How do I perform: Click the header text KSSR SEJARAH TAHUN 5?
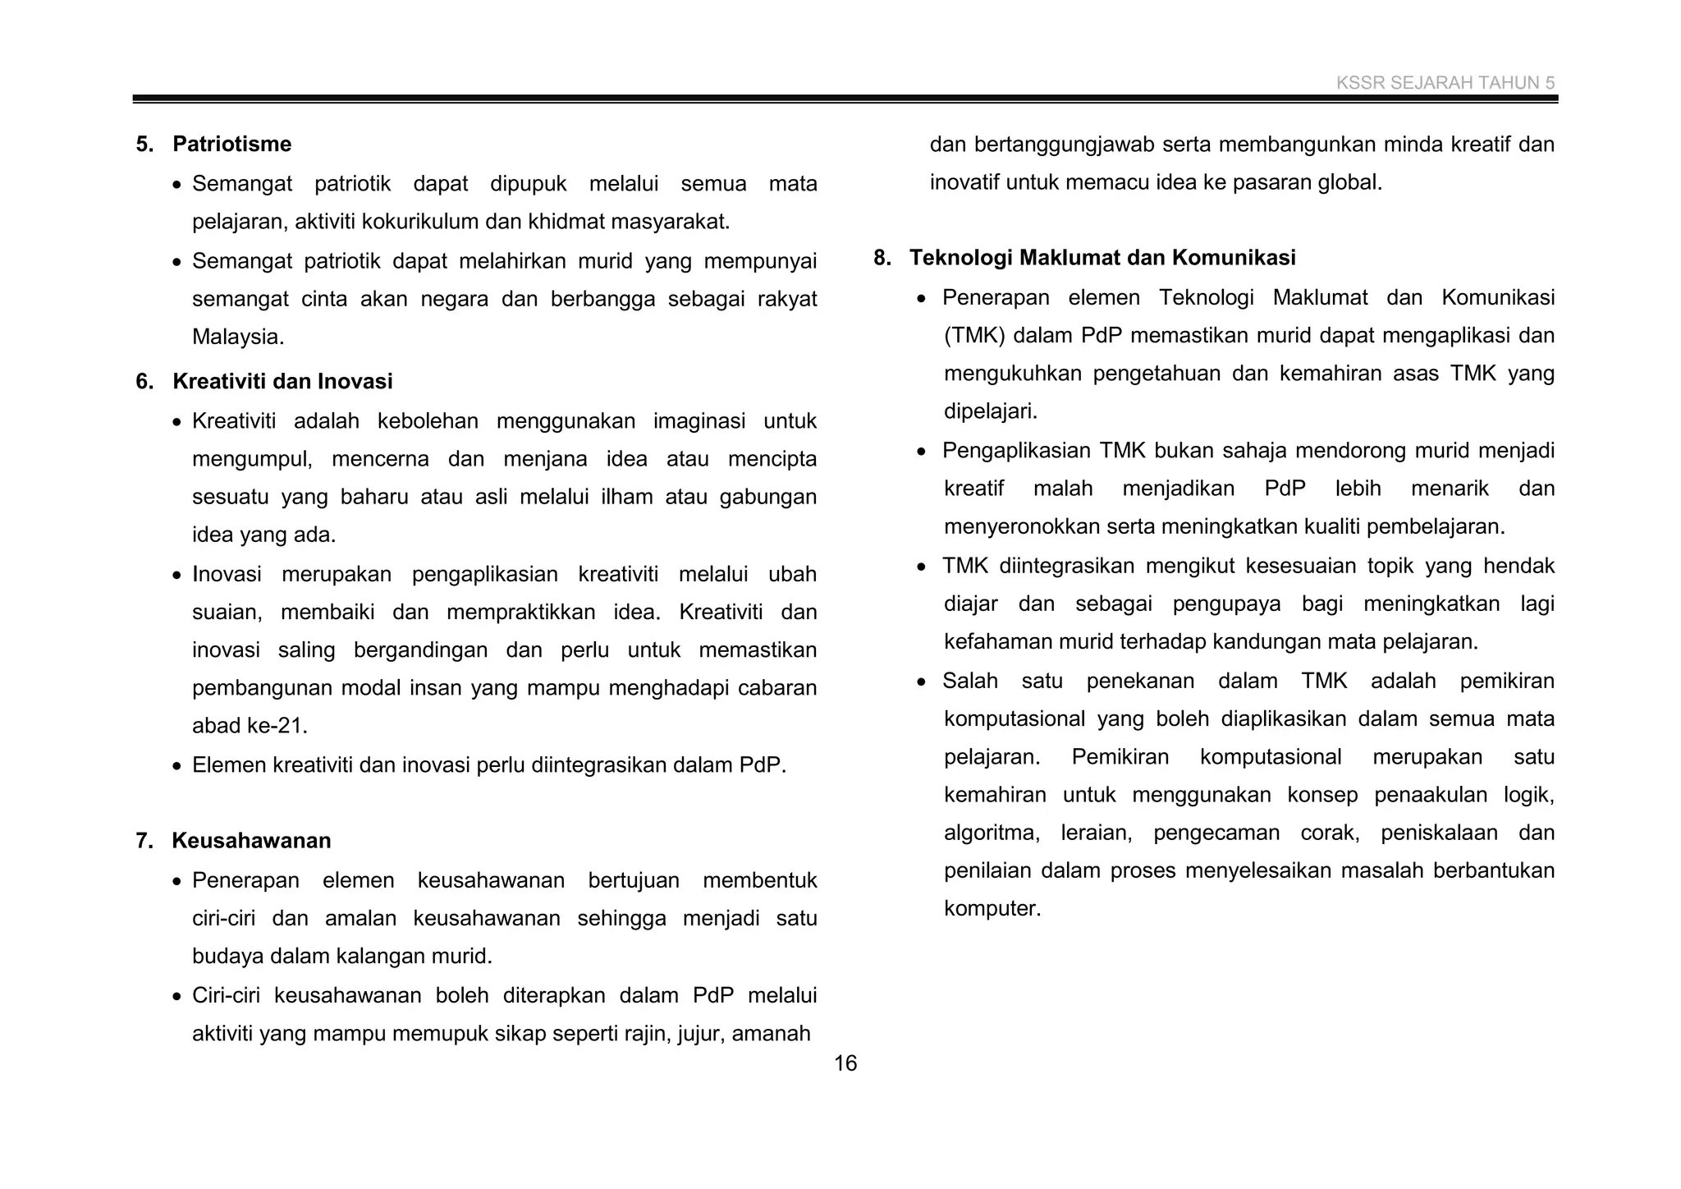point(1445,83)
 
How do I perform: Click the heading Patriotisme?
point(231,145)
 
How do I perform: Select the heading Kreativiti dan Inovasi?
point(282,382)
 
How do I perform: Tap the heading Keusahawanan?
point(251,841)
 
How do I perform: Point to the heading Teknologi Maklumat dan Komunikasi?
point(1102,258)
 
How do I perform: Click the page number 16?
point(845,1063)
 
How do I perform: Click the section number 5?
point(144,145)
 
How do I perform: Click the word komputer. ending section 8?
point(992,909)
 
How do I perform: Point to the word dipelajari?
point(990,411)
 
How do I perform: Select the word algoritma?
point(992,833)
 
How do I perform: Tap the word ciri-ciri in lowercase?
point(222,919)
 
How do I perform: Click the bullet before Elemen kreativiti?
point(177,766)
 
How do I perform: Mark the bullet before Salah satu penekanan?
point(923,682)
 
